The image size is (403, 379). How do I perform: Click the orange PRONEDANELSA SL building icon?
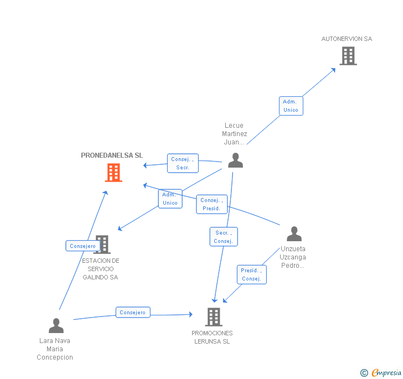tap(113, 173)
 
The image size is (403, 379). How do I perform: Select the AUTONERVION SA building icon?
tap(348, 56)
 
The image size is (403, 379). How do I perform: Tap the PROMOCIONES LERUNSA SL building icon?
tap(214, 317)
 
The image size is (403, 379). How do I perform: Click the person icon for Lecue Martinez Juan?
tap(235, 160)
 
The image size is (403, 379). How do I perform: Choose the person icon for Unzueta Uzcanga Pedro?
tap(294, 234)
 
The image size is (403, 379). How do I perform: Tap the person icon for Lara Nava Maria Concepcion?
tap(56, 326)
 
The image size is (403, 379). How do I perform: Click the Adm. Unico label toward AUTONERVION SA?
tap(291, 106)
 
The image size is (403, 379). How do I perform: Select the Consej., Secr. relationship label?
tap(183, 163)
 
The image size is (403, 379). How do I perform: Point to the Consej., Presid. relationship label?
tap(211, 204)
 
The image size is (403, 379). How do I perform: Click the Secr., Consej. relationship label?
tap(224, 237)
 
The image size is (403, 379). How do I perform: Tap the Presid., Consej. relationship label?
tap(252, 274)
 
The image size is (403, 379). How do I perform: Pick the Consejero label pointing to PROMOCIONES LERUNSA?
tap(133, 313)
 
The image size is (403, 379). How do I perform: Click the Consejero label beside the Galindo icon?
tap(83, 246)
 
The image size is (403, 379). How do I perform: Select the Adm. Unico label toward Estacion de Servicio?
tap(170, 199)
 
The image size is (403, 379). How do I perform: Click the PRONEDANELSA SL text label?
tap(112, 155)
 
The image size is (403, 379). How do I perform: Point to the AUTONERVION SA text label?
tap(347, 39)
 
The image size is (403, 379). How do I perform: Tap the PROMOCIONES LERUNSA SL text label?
tap(212, 337)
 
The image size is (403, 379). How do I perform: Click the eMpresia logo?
tap(386, 372)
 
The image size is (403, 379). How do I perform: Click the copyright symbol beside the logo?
tap(364, 373)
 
